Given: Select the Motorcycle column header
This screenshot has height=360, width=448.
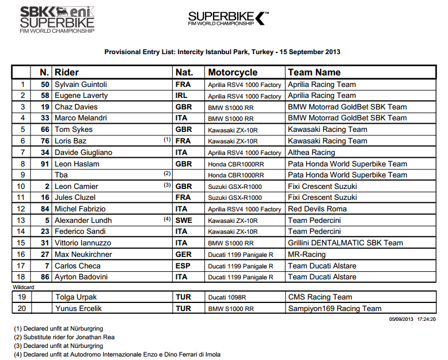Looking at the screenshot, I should pos(233,73).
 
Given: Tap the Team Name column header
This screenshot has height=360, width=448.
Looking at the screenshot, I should pos(314,73).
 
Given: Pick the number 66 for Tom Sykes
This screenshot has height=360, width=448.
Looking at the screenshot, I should pos(44,130).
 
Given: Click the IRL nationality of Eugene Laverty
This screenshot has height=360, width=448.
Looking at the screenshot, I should pos(181,96).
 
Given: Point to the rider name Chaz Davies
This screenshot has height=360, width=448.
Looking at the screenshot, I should pos(76,107).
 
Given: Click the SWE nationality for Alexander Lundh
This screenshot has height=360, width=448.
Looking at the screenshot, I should pos(184,221).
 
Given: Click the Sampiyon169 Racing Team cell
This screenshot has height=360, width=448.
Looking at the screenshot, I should pos(335,309).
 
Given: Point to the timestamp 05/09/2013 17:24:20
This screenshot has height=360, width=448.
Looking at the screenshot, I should pos(412,318).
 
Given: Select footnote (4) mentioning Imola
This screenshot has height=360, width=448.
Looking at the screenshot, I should pos(117,354).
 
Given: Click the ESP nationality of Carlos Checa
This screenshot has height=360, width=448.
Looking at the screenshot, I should pos(182,266).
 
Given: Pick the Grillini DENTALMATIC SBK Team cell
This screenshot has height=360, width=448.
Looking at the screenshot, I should pos(345,243).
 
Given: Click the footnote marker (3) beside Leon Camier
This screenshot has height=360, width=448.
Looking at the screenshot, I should pos(167,185).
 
